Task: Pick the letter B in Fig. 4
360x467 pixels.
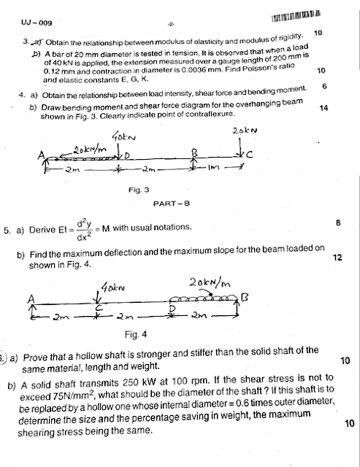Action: pos(245,295)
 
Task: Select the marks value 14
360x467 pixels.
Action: pos(324,108)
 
